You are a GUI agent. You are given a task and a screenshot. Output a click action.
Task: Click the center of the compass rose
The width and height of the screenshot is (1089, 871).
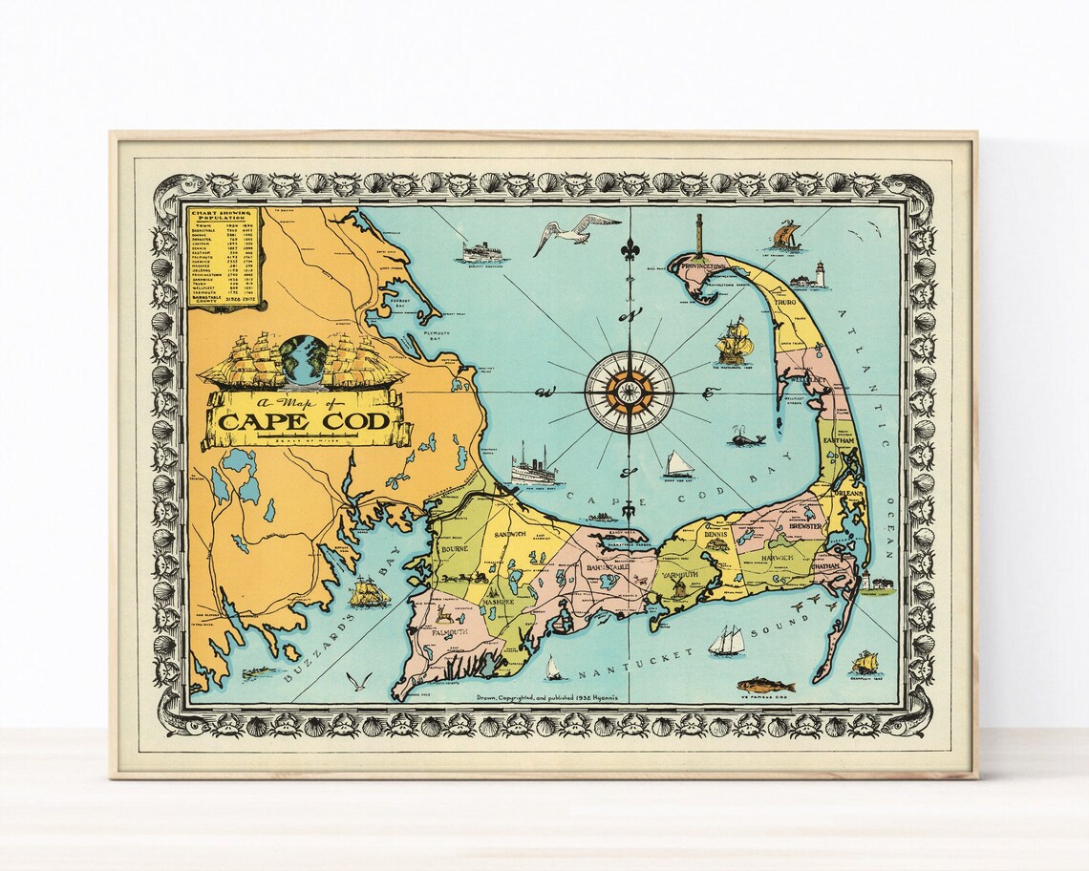point(629,392)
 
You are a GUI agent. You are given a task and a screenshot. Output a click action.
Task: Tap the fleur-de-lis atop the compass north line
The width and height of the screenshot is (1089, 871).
point(629,250)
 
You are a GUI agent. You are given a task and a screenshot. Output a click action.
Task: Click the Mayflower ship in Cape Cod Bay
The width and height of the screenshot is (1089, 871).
point(732,341)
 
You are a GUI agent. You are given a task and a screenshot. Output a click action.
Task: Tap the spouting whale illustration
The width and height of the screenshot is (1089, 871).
point(745,437)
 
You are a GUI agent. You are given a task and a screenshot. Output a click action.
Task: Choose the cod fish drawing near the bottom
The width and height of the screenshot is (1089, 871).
point(765,685)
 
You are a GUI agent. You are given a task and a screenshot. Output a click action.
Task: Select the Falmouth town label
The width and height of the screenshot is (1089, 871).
point(448,632)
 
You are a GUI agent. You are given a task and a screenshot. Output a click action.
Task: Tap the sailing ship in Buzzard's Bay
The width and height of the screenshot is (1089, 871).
point(369,592)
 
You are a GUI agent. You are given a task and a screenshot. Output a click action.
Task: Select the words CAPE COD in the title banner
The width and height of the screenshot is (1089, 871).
point(304,421)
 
